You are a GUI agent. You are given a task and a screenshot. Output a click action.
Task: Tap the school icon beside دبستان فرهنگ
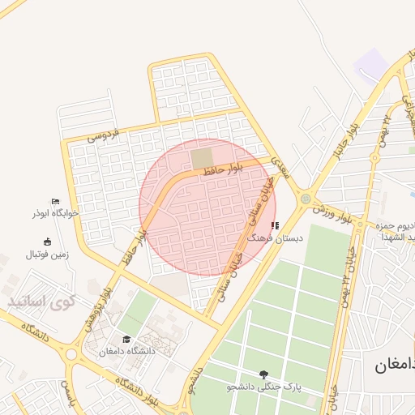275,225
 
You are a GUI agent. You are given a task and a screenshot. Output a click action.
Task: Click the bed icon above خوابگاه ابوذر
54,201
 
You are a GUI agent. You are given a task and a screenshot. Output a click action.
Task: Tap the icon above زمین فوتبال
47,241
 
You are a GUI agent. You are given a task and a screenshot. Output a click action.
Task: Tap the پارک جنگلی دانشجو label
263,387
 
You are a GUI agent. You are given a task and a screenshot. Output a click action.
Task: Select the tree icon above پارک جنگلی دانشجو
263,374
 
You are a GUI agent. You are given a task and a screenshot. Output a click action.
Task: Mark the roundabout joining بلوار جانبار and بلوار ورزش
305,197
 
